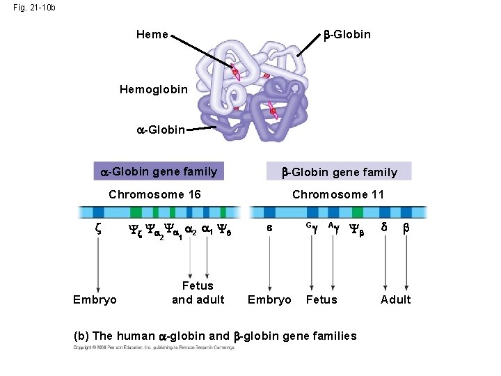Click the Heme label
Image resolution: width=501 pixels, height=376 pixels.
[152, 34]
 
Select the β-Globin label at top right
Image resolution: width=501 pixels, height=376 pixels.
[347, 34]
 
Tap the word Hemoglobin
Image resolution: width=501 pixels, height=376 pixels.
[154, 89]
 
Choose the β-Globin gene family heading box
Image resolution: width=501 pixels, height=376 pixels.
[339, 171]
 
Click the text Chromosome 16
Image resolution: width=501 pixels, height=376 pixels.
[155, 194]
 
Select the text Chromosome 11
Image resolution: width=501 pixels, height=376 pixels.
[338, 194]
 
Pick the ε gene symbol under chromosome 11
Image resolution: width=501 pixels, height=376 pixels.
[269, 228]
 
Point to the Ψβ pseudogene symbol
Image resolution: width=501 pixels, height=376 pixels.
[356, 229]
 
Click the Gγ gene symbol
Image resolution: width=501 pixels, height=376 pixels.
[310, 226]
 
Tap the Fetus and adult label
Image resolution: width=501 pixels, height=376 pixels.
[198, 292]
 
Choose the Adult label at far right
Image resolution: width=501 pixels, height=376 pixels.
[395, 299]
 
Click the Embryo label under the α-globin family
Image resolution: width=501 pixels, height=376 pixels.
[95, 299]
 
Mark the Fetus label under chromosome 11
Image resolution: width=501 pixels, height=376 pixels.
[321, 299]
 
